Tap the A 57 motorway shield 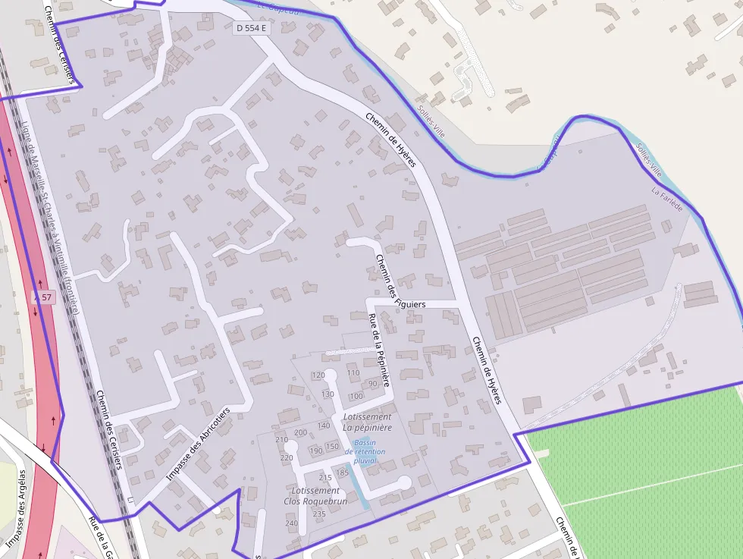tap(43, 297)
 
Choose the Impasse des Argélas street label tap(17, 509)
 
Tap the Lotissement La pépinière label tap(367, 422)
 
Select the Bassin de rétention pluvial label tap(365, 451)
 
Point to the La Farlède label tap(666, 199)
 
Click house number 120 tap(319, 375)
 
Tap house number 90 tap(372, 384)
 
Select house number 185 tap(343, 473)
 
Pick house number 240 tap(291, 523)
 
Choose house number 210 tap(282, 440)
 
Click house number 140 tap(324, 426)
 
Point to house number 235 tap(319, 514)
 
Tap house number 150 tap(332, 446)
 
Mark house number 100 tap(356, 396)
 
